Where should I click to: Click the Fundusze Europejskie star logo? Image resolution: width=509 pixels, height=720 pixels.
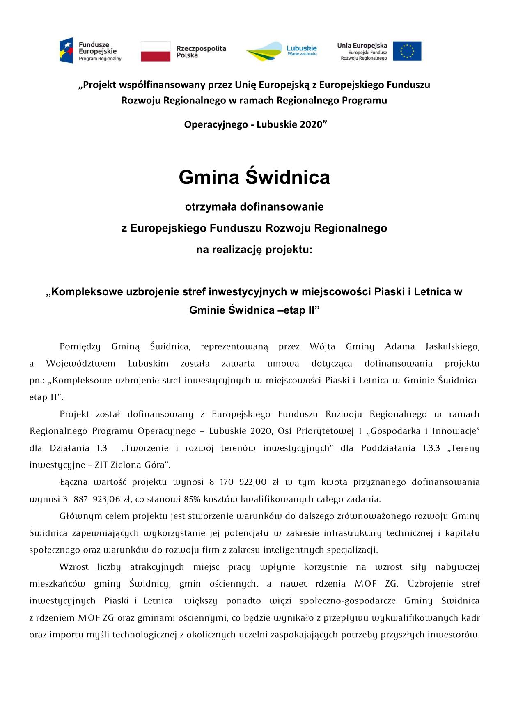coord(66,50)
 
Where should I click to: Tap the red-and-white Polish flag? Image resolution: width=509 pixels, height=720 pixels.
coord(155,51)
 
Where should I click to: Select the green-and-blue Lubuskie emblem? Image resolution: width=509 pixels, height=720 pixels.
coord(264,52)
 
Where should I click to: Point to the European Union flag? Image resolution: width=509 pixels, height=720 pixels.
coord(407,51)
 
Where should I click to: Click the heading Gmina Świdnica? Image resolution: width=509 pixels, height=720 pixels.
coord(254,177)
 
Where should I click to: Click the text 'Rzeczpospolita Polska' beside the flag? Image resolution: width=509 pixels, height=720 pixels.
coord(201,52)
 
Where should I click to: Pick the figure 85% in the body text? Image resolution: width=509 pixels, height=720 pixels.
coord(193,499)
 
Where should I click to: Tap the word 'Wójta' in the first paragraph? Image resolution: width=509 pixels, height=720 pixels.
coord(322,346)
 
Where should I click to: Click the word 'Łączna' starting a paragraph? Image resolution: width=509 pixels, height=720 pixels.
coord(73,482)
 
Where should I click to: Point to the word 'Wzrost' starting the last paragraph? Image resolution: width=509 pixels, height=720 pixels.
coord(74,567)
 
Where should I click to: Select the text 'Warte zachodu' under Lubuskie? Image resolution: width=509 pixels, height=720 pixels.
coord(302,54)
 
